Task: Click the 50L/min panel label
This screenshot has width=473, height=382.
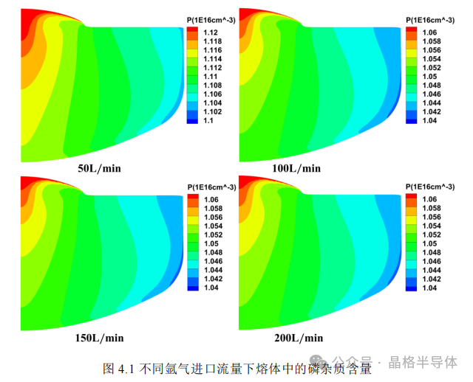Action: click(x=99, y=168)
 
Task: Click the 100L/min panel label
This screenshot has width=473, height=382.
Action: click(x=296, y=168)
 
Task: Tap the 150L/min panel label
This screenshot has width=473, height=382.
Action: click(x=99, y=338)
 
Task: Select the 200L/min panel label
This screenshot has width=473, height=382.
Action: click(x=298, y=338)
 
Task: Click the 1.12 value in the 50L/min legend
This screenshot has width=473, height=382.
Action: click(x=210, y=32)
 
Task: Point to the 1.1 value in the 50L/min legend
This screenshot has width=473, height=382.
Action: click(x=208, y=120)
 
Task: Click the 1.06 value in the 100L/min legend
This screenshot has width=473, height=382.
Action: click(x=429, y=32)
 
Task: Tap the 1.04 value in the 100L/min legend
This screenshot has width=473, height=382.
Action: click(x=429, y=120)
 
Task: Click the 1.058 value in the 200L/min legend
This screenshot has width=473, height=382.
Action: click(x=431, y=208)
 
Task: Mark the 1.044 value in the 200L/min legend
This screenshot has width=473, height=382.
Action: click(x=431, y=270)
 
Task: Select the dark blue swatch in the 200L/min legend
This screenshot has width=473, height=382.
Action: click(x=410, y=288)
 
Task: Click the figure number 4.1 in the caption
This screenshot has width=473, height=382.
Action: click(x=123, y=367)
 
